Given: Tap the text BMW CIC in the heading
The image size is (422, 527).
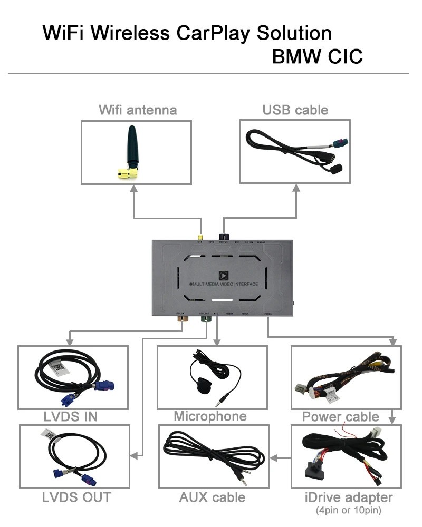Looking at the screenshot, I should click(x=317, y=56).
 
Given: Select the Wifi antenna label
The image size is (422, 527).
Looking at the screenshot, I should click(x=138, y=110).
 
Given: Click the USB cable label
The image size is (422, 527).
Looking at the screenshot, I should click(x=295, y=110).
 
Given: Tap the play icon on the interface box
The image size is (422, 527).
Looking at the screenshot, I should click(x=223, y=275).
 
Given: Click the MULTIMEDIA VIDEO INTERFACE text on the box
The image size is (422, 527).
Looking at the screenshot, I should click(x=225, y=285).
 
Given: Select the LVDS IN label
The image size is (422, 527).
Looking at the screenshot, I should click(x=71, y=417).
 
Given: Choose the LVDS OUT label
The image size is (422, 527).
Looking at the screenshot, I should click(x=76, y=496).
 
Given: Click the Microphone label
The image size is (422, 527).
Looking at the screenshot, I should click(x=210, y=416).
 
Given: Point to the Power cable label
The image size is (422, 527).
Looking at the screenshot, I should click(x=340, y=417).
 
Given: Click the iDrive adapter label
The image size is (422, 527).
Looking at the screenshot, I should click(x=348, y=497).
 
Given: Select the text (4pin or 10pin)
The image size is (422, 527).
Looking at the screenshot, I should click(x=348, y=510).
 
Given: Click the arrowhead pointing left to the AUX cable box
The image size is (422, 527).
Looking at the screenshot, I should click(x=273, y=457).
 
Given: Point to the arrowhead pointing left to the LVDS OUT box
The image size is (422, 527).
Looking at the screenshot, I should click(x=134, y=454).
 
